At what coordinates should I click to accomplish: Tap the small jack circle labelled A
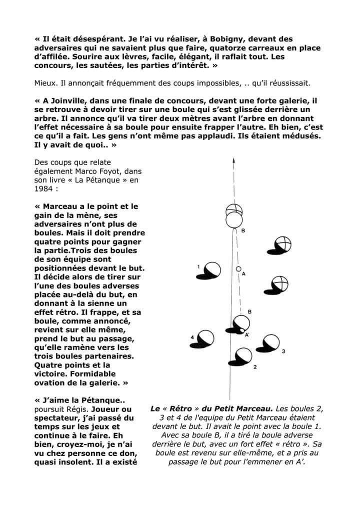(x=238, y=269)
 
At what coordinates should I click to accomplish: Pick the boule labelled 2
(x=243, y=356)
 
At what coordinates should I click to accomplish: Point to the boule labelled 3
(x=270, y=342)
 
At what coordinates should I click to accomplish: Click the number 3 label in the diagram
(x=283, y=351)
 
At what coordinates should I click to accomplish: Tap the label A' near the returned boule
(x=247, y=334)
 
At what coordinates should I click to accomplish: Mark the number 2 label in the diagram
(x=255, y=367)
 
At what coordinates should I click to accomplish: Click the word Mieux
(x=47, y=82)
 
